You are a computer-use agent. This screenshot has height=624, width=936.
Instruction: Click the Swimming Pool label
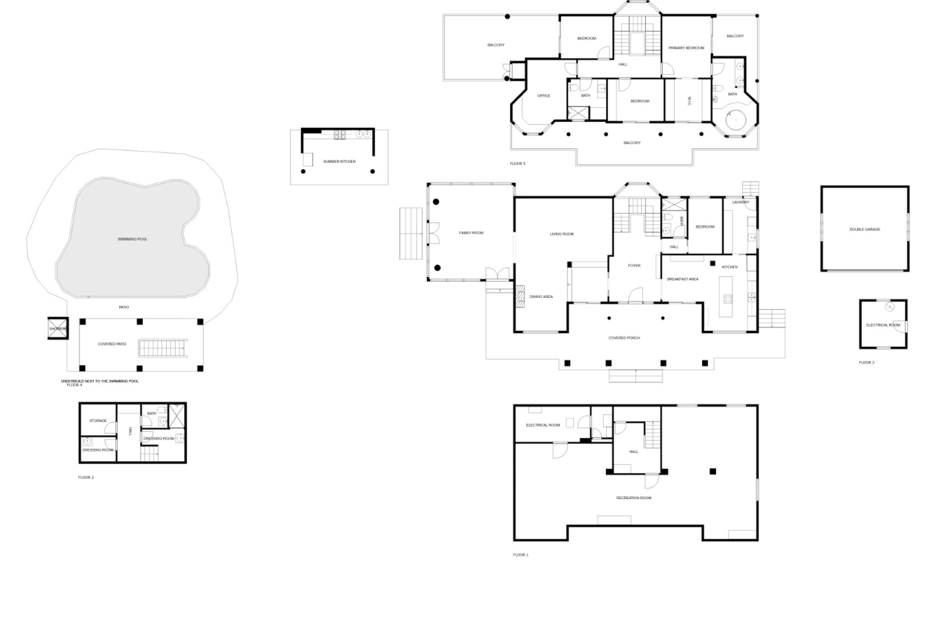click(x=132, y=239)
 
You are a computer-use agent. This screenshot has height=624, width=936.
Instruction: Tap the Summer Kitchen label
click(x=339, y=161)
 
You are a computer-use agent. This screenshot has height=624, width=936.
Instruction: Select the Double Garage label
click(x=865, y=229)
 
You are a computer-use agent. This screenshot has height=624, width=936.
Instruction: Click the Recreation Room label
click(x=634, y=498)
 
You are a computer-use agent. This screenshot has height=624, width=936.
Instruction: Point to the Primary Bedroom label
click(x=686, y=48)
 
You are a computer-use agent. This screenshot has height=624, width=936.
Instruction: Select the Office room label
click(x=544, y=96)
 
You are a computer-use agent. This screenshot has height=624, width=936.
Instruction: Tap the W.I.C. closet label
click(x=689, y=101)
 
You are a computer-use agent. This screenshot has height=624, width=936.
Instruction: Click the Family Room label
click(x=471, y=233)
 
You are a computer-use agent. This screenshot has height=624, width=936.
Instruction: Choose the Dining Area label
click(x=541, y=296)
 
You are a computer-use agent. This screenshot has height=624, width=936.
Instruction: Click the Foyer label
click(x=634, y=266)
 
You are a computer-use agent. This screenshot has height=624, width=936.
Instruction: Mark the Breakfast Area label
click(x=682, y=279)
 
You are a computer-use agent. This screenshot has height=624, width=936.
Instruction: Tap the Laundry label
click(x=741, y=202)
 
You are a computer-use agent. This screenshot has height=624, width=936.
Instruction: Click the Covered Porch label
click(x=624, y=338)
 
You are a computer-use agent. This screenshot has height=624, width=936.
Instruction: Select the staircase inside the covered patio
click(x=163, y=348)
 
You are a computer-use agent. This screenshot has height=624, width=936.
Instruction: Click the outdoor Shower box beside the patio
click(x=58, y=329)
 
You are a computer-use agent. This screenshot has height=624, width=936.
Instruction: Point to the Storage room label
click(x=98, y=421)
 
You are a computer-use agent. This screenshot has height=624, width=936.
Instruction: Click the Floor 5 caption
click(x=518, y=164)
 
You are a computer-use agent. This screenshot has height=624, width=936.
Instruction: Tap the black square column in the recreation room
click(x=713, y=471)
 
